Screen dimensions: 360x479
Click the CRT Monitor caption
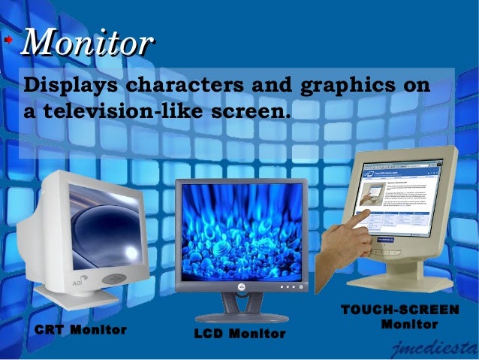pyautogui.click(x=80, y=329)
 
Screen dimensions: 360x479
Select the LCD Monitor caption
pyautogui.click(x=239, y=333)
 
